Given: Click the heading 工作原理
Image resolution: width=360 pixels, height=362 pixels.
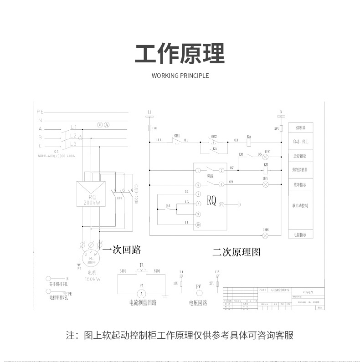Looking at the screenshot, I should coord(180,54).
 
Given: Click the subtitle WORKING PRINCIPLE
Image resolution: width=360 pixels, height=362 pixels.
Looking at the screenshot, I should coord(180,76).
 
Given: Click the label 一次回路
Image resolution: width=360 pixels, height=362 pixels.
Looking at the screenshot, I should coord(122,250).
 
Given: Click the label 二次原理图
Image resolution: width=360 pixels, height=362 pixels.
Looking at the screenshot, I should coord(236,252).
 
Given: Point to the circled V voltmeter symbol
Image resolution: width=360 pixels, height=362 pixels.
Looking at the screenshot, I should coord(101,125).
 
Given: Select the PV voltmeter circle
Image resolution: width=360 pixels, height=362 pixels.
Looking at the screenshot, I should coord(199,292).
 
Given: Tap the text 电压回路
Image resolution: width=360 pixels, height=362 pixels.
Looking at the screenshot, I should coord(198,303).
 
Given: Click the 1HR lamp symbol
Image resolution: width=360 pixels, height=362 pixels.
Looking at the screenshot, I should coord(266,235).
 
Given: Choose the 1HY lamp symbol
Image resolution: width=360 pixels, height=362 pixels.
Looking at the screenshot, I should coord(265,184).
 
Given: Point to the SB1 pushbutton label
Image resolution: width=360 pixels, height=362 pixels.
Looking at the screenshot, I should coord(177,136).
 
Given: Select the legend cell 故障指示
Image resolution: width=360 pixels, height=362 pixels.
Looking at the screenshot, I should coord(300,184).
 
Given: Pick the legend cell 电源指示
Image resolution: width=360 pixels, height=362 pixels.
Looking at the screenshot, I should coord(300,235).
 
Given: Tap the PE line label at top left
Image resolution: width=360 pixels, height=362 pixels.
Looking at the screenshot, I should coord(40,111).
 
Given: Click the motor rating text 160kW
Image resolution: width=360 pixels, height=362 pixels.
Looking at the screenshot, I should coord(93,279).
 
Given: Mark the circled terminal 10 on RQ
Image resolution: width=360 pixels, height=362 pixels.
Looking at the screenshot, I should coord(198,225).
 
